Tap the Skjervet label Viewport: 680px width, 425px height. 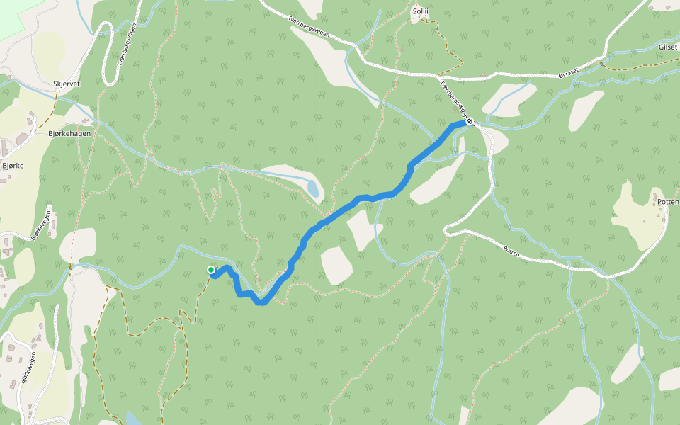(x=67, y=84)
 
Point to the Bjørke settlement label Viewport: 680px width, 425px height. (x=13, y=166)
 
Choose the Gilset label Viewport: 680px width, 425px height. (x=668, y=47)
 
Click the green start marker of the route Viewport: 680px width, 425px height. (x=211, y=270)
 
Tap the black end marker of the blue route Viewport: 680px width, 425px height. (x=470, y=122)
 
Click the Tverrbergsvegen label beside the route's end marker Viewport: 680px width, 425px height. (x=453, y=98)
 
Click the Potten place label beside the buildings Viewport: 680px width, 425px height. (x=668, y=202)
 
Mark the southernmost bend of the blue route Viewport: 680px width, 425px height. (x=261, y=302)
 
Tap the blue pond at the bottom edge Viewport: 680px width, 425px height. (x=132, y=419)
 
